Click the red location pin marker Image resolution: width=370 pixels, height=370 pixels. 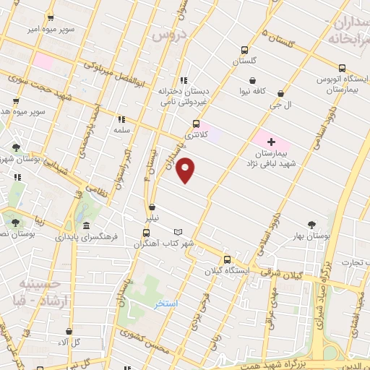186,169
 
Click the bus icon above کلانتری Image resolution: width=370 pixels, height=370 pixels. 196,124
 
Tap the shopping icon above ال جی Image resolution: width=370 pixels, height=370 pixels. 281,93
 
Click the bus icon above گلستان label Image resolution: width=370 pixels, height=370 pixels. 244,51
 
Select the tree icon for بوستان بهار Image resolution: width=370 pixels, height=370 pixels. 312,224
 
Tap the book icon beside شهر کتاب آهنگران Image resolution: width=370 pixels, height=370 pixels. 178,232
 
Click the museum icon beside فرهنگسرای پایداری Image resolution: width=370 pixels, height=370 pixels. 86,225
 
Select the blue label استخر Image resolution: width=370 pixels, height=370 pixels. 165,304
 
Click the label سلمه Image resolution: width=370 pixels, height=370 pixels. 121,130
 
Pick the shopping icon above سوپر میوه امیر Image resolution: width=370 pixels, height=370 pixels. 49,18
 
